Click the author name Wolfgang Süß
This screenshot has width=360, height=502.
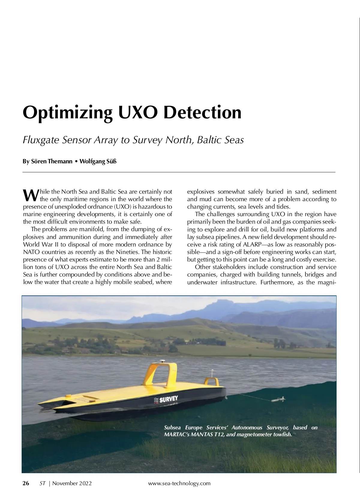pyautogui.click(x=98, y=162)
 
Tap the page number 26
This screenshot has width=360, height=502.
pyautogui.click(x=26, y=483)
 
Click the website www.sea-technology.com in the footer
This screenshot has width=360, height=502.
pyautogui.click(x=179, y=483)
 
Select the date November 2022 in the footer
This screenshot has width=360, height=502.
pyautogui.click(x=72, y=483)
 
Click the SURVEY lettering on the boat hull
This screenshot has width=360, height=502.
pyautogui.click(x=168, y=399)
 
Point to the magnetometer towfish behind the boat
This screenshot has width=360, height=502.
pyautogui.click(x=278, y=400)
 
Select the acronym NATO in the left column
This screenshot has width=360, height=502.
pyautogui.click(x=31, y=252)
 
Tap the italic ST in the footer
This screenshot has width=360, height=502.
pyautogui.click(x=43, y=483)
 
